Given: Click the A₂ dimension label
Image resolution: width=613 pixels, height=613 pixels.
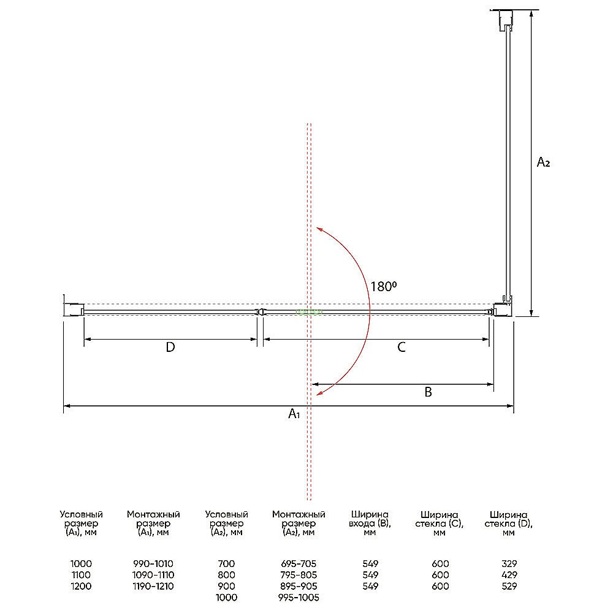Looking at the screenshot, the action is tap(543, 162).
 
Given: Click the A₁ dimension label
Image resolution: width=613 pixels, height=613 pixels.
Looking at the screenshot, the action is tap(294, 413).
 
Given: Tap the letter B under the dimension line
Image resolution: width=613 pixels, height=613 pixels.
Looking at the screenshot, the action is tap(428, 392).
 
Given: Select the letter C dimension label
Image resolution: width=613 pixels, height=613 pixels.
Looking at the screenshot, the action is tap(402, 347).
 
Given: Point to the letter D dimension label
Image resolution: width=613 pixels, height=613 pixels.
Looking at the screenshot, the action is tap(170, 347).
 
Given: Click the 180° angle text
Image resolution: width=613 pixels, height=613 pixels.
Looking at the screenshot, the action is tap(384, 286).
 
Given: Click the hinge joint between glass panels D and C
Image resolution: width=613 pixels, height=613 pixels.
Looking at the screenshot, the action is tap(259, 311).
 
